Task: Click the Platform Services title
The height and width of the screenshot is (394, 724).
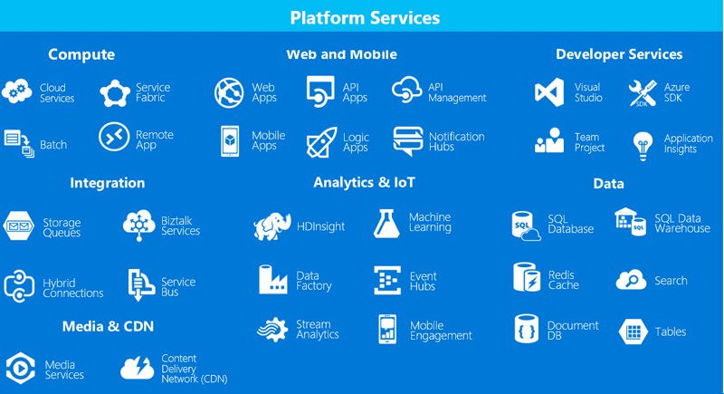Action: [365, 17]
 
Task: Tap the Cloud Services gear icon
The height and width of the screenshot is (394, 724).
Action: [18, 92]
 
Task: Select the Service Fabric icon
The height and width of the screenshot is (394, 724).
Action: [115, 92]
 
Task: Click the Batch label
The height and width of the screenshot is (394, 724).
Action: [53, 144]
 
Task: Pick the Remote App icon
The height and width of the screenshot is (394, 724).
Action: [114, 139]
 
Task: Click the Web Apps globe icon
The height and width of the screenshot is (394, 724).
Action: [229, 92]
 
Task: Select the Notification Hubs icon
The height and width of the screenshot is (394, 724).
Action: [407, 141]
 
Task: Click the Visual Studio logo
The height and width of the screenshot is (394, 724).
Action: [549, 92]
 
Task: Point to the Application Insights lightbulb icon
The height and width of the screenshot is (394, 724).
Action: [643, 143]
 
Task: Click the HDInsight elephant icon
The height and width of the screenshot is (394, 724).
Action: [272, 226]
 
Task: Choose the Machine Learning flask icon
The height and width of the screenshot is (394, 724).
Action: [386, 222]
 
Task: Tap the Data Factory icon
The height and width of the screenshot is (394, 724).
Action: [273, 280]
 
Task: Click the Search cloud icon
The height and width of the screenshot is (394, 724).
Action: [631, 280]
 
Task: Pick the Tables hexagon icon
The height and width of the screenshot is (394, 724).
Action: [633, 332]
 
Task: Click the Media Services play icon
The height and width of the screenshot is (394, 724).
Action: [19, 369]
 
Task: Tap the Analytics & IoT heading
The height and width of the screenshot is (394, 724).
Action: [364, 182]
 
